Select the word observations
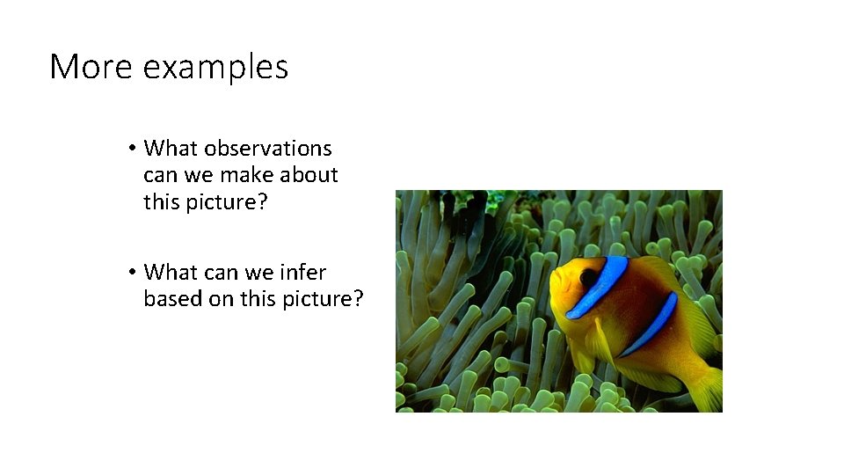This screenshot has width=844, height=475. coord(269,148)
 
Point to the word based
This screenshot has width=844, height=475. coord(174,299)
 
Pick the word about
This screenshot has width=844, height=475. coord(310,175)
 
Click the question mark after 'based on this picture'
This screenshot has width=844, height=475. coord(357,299)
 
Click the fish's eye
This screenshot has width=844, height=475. coord(587,277)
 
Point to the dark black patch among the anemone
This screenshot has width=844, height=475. coord(479,220)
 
